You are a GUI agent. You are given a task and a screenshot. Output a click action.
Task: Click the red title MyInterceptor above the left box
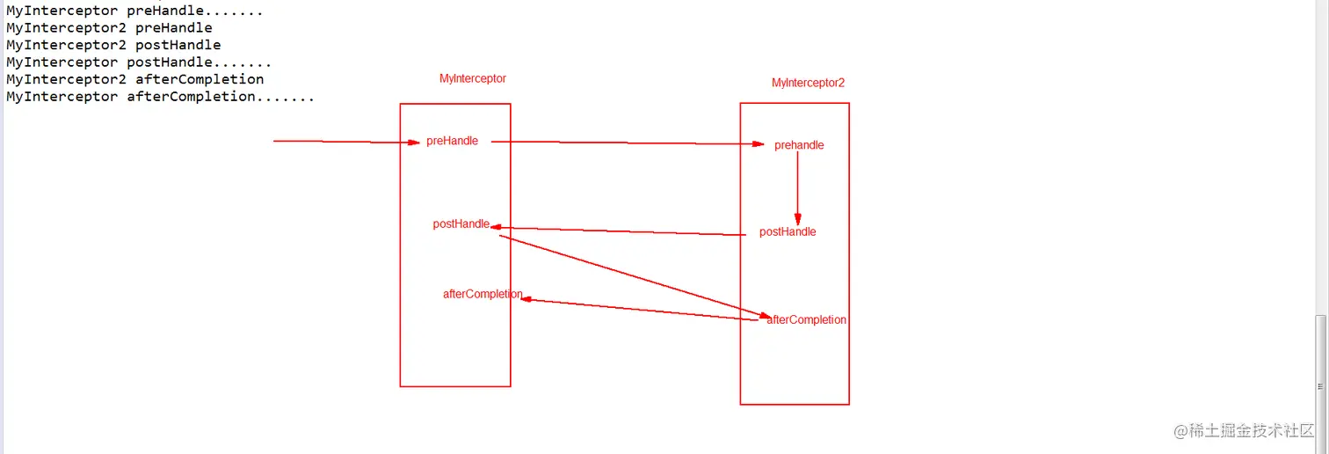(x=473, y=78)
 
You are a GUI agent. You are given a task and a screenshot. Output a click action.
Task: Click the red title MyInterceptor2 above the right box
(x=808, y=83)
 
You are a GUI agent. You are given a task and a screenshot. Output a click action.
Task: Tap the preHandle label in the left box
(x=452, y=141)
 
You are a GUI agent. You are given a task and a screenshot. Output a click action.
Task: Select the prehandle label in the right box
(x=799, y=145)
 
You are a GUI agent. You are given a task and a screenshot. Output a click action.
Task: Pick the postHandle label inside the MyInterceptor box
(x=461, y=224)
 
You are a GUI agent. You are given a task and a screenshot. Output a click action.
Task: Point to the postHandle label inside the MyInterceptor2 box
(x=788, y=232)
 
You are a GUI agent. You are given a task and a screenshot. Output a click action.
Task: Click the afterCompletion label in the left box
(x=483, y=294)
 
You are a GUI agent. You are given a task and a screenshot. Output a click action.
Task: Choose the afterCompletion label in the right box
(x=807, y=320)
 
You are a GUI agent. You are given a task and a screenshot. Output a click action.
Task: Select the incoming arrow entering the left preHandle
(x=343, y=142)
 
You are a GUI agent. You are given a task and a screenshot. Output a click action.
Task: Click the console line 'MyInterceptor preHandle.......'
(x=134, y=11)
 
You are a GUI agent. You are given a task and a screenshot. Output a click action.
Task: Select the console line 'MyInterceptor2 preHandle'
(x=109, y=28)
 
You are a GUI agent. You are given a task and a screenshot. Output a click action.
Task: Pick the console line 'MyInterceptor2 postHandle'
(x=113, y=45)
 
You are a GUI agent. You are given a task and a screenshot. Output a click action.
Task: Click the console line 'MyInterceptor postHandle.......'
(x=139, y=62)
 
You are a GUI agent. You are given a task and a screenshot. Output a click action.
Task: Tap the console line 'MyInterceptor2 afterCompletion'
(x=134, y=79)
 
